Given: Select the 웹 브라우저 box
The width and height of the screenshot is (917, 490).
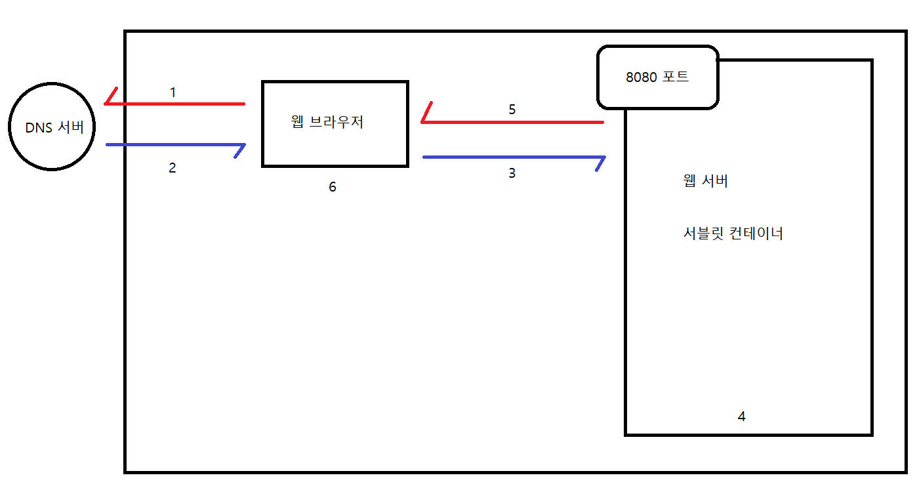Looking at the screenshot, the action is (335, 123).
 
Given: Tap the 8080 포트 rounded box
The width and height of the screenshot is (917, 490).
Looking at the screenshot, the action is (657, 77).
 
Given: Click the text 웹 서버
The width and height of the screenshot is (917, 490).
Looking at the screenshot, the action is (705, 181).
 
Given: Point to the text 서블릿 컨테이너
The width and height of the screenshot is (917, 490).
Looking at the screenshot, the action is (733, 233).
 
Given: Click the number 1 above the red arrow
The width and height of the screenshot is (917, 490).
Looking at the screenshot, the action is (173, 92).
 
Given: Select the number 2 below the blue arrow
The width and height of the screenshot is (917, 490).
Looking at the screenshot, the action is (173, 168).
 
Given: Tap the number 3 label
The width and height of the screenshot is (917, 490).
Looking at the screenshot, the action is (512, 173).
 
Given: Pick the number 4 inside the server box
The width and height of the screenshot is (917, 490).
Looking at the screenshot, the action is (741, 416).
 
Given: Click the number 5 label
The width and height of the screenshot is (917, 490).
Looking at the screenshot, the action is (512, 110).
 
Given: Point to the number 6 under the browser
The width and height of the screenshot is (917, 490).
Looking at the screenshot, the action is (333, 187).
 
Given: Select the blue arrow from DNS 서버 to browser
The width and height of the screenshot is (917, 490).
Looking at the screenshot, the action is (174, 144).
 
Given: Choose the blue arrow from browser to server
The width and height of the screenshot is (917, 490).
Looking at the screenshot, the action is (512, 157).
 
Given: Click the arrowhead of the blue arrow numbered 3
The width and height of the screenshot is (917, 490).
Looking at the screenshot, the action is (600, 161).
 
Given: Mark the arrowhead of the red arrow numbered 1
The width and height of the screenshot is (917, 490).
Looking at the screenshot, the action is (110, 98).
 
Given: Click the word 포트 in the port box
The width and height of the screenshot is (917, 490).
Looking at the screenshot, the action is (676, 77).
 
